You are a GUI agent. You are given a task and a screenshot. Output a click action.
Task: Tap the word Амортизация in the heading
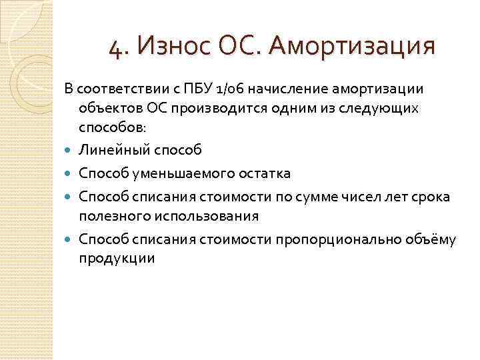click(353, 47)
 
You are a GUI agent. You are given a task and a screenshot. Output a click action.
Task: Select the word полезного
click(110, 216)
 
